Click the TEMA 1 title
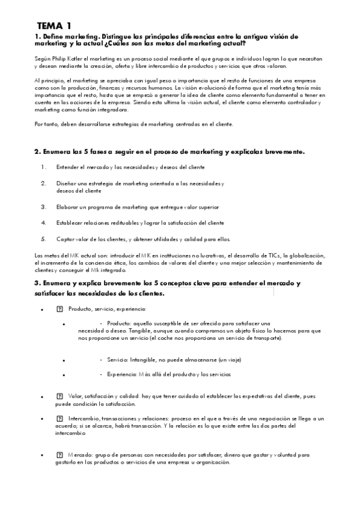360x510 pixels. click(x=53, y=26)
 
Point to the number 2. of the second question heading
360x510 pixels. click(x=37, y=152)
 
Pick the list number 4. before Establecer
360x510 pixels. click(x=44, y=223)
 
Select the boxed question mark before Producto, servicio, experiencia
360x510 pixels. click(x=59, y=309)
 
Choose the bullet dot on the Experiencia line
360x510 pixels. click(x=63, y=375)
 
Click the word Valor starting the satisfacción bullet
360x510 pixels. click(x=75, y=396)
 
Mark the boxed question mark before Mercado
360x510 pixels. click(x=59, y=455)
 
